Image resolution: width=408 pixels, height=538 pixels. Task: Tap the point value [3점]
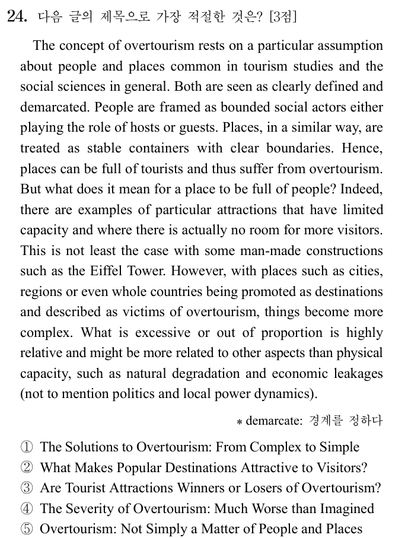click(282, 17)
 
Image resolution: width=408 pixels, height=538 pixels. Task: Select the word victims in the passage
click(144, 312)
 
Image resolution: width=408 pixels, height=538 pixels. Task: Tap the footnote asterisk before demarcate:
click(239, 422)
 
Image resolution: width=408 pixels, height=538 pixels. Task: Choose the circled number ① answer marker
click(27, 447)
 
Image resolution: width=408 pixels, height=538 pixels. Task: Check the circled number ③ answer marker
click(27, 488)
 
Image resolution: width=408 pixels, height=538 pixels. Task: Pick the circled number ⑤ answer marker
click(27, 529)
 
